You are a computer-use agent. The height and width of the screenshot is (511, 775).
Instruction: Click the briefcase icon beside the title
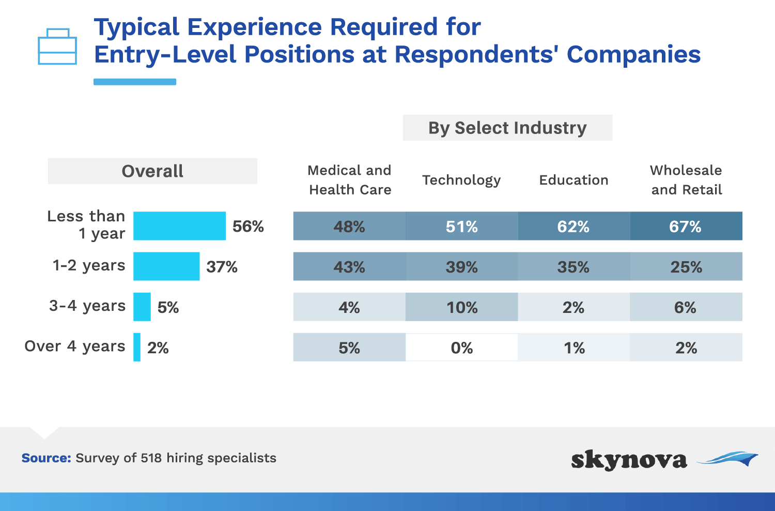coord(57,47)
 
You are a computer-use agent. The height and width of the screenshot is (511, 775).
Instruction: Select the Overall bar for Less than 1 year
coord(180,226)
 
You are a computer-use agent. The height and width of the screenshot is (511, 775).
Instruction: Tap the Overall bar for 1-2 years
coord(166,266)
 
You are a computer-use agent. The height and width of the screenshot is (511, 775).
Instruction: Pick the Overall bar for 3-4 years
coord(142,307)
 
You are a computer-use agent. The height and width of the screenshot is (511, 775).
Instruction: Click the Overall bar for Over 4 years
coord(137,347)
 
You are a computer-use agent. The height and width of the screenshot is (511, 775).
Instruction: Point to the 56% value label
coord(248,227)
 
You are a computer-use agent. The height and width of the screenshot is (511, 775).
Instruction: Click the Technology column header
coord(461,181)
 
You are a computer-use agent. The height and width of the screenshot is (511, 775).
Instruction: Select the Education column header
coord(574,180)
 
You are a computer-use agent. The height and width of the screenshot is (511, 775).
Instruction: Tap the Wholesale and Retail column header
coord(687,180)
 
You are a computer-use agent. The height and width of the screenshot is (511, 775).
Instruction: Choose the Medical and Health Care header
coord(350,180)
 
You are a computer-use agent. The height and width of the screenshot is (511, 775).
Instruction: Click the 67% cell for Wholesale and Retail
coord(686,226)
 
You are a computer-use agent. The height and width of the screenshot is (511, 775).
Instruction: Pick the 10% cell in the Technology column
coord(461,307)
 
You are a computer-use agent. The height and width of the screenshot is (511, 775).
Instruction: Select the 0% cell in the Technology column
coord(461,347)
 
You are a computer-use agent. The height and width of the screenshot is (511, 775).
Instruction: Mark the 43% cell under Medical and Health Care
coord(349,266)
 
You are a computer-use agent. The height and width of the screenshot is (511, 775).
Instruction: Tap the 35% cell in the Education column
coord(574,266)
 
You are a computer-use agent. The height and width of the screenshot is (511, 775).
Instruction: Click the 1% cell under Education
coord(574,347)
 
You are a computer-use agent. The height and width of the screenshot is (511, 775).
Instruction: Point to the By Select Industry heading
coord(507,128)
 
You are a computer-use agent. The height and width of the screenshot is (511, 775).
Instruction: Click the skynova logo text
coord(629,460)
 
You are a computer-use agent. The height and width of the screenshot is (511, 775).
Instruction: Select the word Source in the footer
coord(47,458)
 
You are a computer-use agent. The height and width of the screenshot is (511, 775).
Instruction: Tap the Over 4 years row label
coord(75,347)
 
